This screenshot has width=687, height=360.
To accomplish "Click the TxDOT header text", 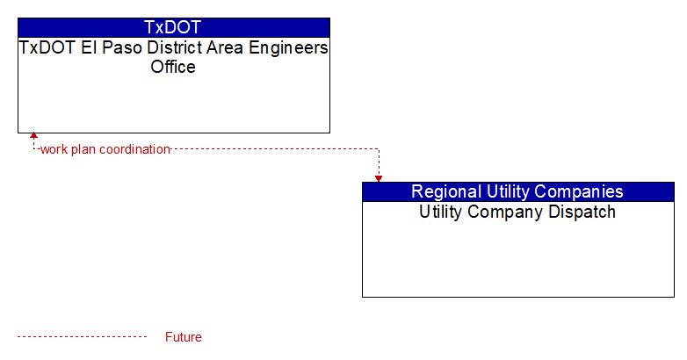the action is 172,27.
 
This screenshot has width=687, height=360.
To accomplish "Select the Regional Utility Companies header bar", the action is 518,191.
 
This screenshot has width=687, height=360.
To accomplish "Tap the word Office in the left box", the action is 173,67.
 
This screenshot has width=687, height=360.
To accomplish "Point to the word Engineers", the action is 288,48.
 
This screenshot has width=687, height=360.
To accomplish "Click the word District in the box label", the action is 174,47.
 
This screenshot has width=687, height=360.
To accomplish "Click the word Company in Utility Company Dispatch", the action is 506,212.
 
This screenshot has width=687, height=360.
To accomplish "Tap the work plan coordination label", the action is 105,149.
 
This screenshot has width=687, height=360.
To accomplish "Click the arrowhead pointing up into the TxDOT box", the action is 33,136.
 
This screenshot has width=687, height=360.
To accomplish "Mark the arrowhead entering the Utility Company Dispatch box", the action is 379,179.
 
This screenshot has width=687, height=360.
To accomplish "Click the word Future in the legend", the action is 184,337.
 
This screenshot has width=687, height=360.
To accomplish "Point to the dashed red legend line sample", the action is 83,337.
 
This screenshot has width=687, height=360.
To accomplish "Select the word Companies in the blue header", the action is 579,191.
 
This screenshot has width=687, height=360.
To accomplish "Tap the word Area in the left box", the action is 225,47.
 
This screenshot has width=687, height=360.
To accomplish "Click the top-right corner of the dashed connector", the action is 379,149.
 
